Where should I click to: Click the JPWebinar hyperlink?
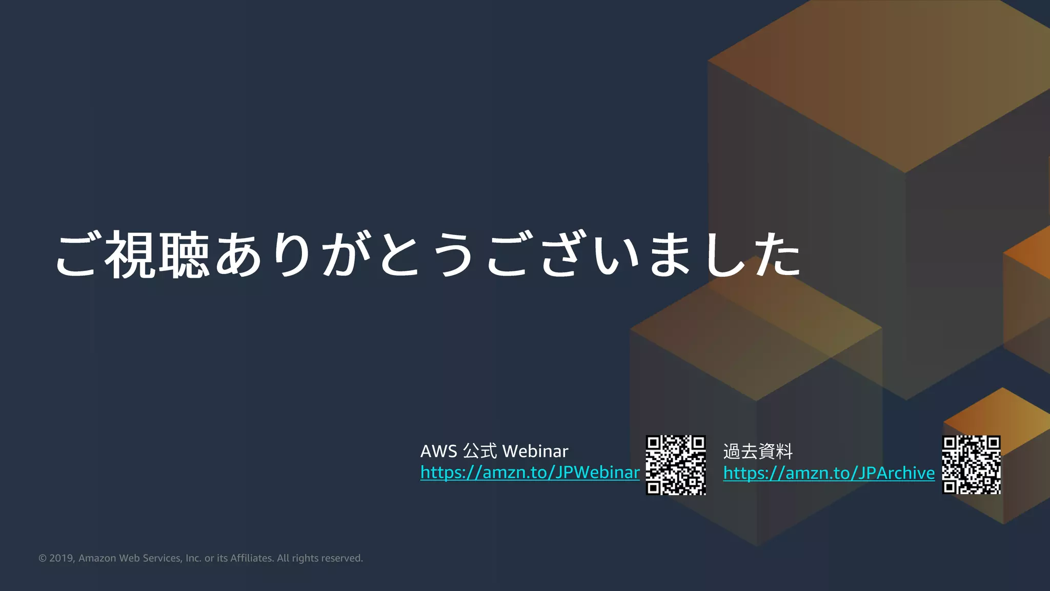click(x=530, y=472)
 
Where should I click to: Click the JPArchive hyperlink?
click(x=829, y=473)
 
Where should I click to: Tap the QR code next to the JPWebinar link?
click(x=676, y=465)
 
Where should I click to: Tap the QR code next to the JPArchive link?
click(x=971, y=465)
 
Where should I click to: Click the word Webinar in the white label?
click(x=535, y=451)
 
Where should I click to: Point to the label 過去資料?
click(x=758, y=452)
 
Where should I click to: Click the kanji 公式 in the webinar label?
click(x=480, y=451)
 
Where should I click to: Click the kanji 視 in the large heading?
click(x=130, y=254)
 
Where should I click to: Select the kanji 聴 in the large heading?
click(x=184, y=254)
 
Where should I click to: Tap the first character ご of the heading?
click(x=77, y=254)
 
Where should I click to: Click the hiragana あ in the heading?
click(x=238, y=254)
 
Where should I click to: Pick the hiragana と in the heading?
click(x=400, y=254)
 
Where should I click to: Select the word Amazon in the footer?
click(x=97, y=558)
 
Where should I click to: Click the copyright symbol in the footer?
click(x=43, y=558)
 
